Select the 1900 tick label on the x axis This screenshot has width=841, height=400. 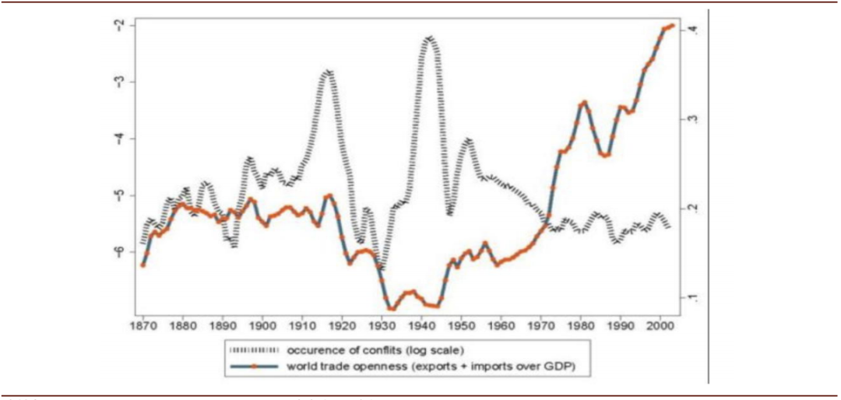pos(263,321)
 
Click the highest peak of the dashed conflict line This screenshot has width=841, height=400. pos(429,37)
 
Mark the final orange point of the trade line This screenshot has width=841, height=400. pos(672,26)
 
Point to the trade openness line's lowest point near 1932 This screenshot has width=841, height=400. pos(391,309)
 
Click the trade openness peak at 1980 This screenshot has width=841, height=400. pos(583,102)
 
